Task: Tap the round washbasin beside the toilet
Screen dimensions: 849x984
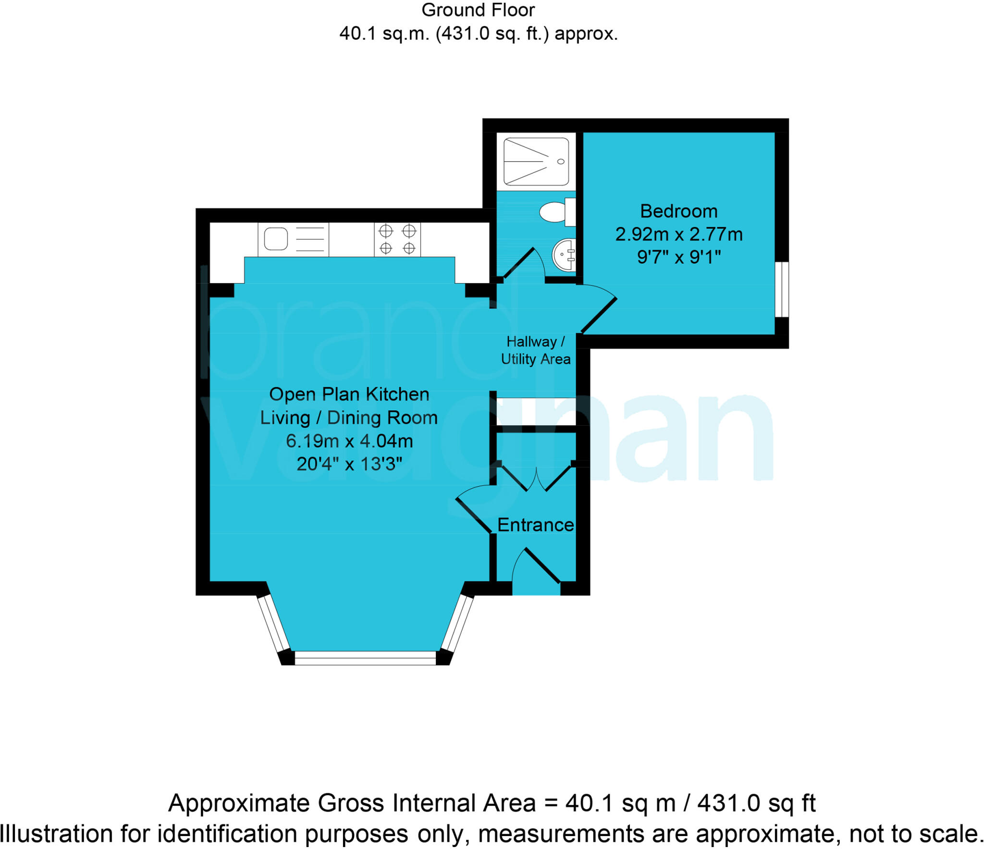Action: (564, 255)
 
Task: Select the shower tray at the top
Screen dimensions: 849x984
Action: (536, 161)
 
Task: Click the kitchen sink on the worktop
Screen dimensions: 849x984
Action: (276, 239)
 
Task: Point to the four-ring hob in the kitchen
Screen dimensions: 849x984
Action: (397, 239)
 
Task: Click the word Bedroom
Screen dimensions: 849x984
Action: (678, 211)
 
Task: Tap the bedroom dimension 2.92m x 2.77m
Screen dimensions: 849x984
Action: (678, 234)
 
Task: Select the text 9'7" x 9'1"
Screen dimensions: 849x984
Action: (678, 258)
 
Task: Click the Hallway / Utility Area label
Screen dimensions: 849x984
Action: (536, 350)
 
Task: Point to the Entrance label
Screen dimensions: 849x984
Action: (535, 525)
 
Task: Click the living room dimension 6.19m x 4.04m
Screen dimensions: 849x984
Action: (349, 441)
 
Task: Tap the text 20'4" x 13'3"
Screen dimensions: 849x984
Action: (349, 464)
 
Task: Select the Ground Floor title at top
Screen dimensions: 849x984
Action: (478, 10)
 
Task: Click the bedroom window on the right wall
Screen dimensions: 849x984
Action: (782, 289)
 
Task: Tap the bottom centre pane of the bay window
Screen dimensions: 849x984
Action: (365, 658)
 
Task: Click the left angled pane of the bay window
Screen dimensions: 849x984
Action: (274, 624)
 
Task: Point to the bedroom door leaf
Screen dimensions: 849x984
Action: (599, 316)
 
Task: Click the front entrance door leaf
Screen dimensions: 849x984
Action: (542, 566)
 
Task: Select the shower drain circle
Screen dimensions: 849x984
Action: (561, 161)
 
